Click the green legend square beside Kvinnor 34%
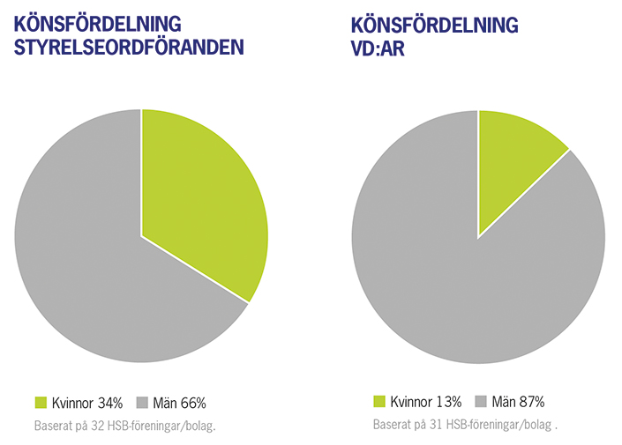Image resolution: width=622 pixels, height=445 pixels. (41, 403)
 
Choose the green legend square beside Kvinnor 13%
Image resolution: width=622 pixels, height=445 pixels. (379, 402)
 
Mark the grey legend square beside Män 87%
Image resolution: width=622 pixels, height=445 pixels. (482, 402)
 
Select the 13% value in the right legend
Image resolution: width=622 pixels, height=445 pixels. (449, 403)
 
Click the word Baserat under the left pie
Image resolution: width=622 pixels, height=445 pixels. (55, 426)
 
